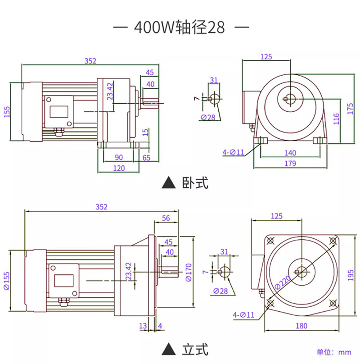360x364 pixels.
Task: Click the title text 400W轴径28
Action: tap(179, 27)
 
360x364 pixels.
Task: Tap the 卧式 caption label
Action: tap(195, 183)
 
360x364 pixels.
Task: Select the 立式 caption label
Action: tap(195, 350)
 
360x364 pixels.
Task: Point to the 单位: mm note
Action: tap(334, 352)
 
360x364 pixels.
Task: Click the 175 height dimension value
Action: tap(350, 109)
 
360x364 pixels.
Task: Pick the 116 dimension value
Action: tap(336, 118)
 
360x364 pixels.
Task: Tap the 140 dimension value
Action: tap(290, 153)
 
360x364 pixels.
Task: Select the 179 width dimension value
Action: tap(290, 164)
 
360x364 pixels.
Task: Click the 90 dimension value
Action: tap(119, 157)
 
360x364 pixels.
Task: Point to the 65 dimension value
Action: tap(146, 158)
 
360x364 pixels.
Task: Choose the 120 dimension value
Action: tap(119, 168)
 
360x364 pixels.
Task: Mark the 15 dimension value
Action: tap(145, 132)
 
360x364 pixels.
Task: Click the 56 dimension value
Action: tap(166, 218)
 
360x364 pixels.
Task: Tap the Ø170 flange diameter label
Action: tap(189, 272)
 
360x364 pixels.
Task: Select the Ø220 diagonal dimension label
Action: tap(282, 282)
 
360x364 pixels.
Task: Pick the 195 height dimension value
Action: tap(351, 275)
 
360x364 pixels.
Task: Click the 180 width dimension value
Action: tap(301, 326)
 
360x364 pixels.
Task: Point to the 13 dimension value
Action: tap(143, 326)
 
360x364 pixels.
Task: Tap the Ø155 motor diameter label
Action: tap(7, 281)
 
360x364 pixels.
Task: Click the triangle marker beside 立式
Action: tap(169, 349)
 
